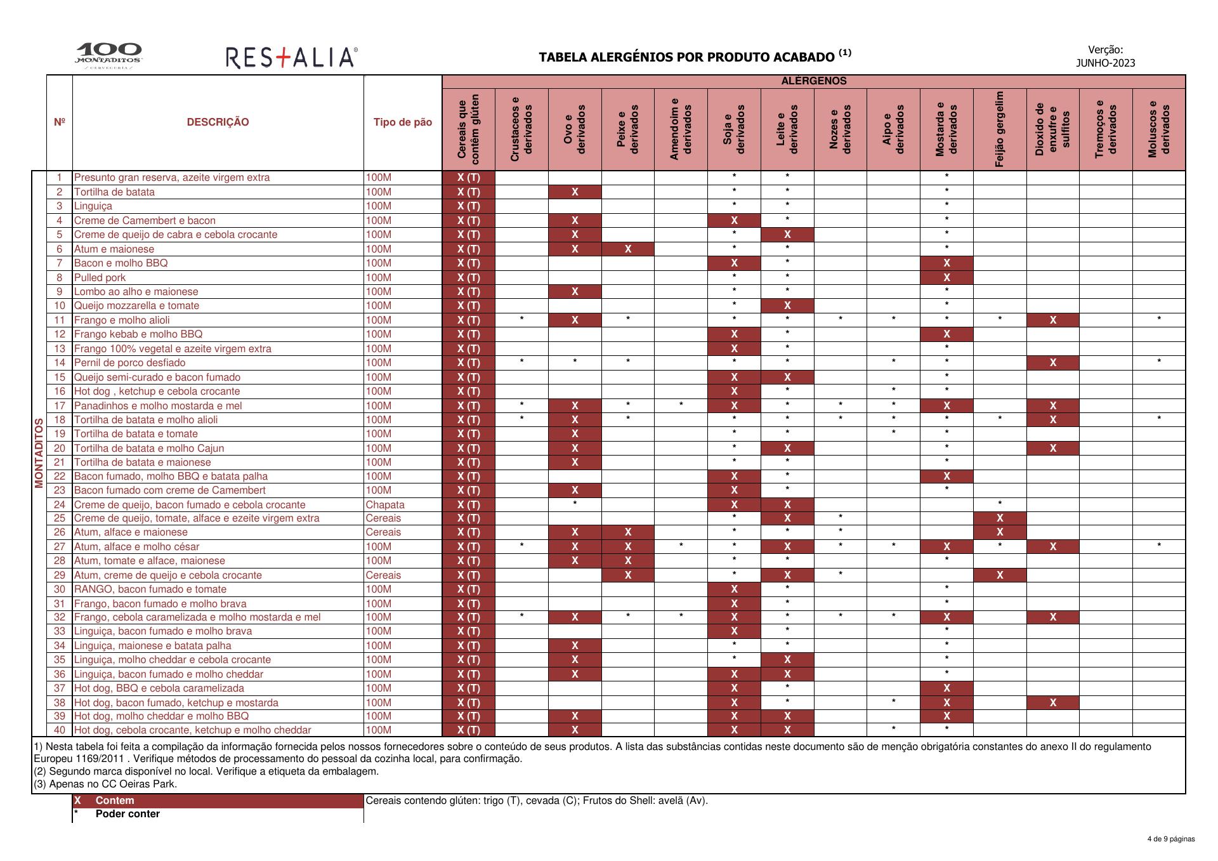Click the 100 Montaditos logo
click(108, 56)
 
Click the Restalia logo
click(291, 58)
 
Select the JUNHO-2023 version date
click(1105, 63)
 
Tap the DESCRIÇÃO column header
click(218, 122)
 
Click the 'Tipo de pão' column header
click(402, 122)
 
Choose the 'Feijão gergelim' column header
click(1000, 129)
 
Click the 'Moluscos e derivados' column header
click(1159, 129)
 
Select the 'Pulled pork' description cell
click(100, 277)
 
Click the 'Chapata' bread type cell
click(385, 504)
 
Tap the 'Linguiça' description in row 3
click(93, 206)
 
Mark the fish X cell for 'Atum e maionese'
click(628, 249)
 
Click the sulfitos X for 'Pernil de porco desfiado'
click(1053, 363)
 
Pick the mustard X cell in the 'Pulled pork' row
click(946, 277)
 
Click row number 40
click(60, 730)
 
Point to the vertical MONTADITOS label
click(39, 453)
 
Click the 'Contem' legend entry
click(115, 801)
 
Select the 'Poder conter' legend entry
click(128, 814)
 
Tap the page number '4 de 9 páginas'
click(1170, 839)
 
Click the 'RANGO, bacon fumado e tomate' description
click(150, 589)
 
